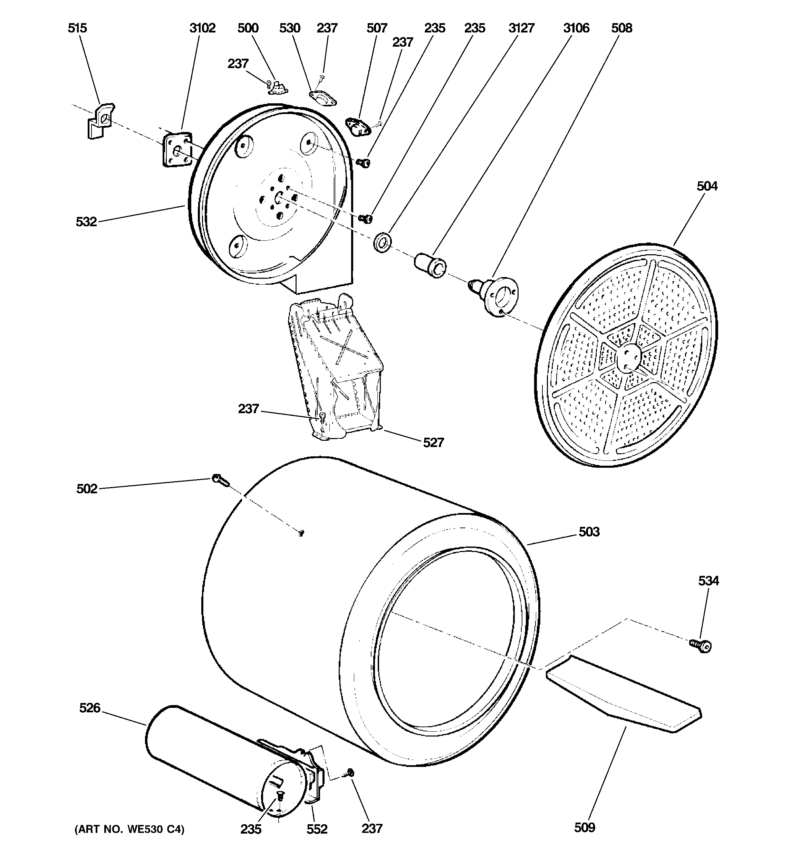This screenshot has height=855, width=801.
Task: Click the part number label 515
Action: pos(77,28)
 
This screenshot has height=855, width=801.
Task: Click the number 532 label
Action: pos(86,222)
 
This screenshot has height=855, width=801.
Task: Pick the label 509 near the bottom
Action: pos(584,827)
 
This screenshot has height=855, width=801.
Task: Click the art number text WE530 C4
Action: pos(129,829)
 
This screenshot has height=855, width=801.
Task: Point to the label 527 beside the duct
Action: pos(433,443)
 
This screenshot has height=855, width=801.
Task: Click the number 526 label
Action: pos(89,708)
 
